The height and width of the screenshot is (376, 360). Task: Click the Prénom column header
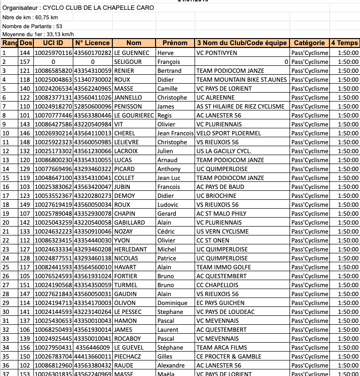pos(175,43)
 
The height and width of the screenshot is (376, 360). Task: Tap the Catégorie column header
pos(309,43)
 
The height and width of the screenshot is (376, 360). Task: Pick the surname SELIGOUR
pos(128,62)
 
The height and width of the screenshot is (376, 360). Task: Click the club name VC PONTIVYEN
pos(217,53)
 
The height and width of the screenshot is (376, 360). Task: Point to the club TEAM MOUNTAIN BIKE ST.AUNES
pos(241,80)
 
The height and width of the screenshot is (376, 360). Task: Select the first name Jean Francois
pos(175,133)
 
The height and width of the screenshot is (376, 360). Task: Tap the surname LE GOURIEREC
pos(134,116)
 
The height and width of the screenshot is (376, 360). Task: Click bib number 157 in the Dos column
pos(25,62)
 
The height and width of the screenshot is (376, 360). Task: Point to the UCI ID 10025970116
pos(53,53)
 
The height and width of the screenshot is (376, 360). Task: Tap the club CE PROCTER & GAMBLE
pos(228,357)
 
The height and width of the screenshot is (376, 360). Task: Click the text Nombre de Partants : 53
pos(32,26)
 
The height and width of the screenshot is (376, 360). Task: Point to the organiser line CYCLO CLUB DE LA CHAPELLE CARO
pos(78,8)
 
